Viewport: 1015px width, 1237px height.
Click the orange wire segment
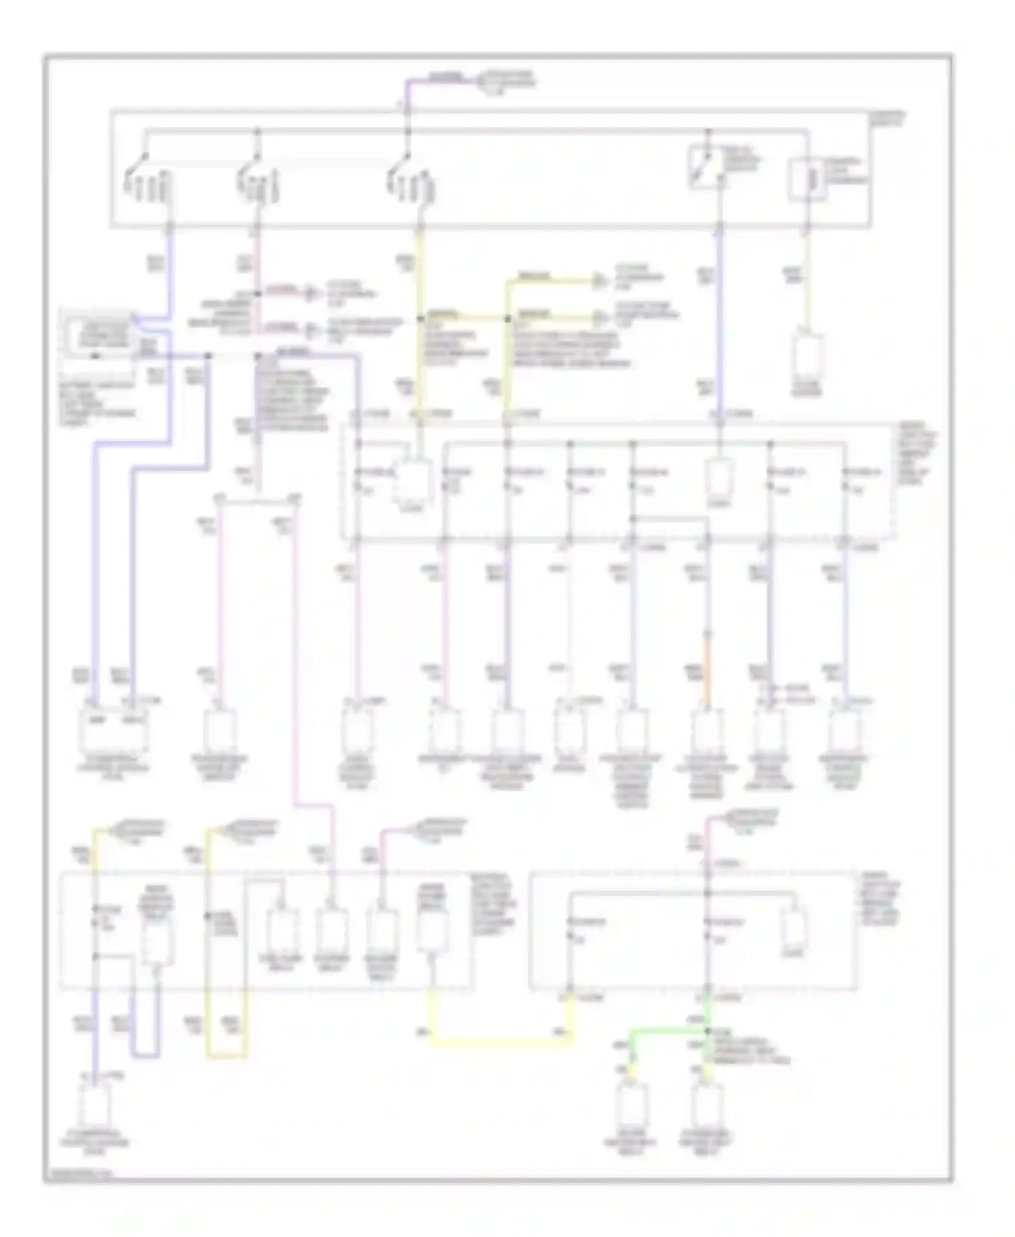(x=708, y=670)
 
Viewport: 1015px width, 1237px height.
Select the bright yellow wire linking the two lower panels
(x=501, y=1042)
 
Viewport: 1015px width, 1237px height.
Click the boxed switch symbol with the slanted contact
(x=704, y=166)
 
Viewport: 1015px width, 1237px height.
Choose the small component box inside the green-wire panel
(x=793, y=927)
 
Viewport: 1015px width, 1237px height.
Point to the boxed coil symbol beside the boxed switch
(x=807, y=179)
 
